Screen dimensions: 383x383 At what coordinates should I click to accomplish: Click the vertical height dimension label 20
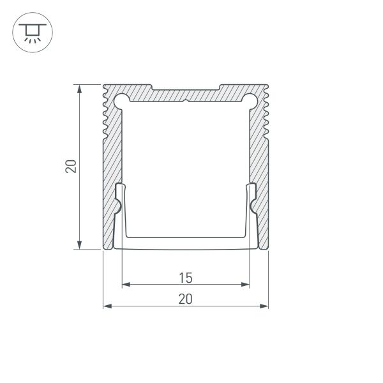tap(71, 167)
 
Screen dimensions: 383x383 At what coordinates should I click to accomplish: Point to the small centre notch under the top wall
tap(186, 102)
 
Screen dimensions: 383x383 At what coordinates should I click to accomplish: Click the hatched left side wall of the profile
tap(112, 160)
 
